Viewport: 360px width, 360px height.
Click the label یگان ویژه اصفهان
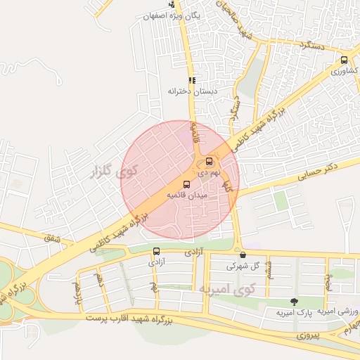172,15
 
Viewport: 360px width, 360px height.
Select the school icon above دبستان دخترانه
192,80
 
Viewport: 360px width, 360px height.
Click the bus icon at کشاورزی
344,60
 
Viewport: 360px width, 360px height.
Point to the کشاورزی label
345,72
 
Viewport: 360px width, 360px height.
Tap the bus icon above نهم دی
209,162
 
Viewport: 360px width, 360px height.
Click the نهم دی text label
208,172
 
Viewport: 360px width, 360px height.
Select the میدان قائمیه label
186,195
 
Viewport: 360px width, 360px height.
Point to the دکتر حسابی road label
318,172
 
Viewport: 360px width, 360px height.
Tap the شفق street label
53,239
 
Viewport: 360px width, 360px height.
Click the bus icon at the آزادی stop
156,251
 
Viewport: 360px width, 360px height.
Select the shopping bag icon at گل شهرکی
243,255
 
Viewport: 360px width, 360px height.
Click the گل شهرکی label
243,266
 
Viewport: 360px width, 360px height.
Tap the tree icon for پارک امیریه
293,302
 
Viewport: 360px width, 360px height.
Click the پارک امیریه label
293,312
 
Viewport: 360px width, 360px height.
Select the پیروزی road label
307,336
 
